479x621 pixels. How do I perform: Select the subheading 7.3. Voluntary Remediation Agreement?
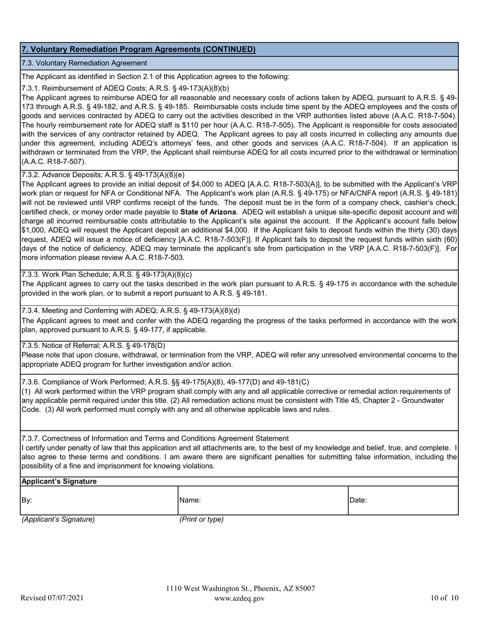84,63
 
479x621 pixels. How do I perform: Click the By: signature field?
99,500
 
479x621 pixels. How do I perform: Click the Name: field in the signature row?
262,500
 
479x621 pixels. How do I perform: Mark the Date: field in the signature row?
402,500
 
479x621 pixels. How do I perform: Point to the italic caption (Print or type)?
201,520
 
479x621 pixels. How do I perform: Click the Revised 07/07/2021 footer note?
52,599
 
